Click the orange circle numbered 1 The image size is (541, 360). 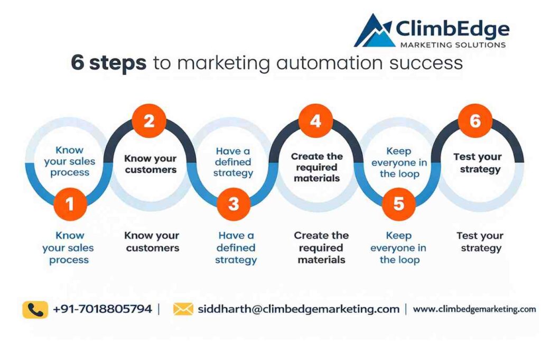click(x=70, y=204)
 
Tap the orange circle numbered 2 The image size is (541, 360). click(x=149, y=122)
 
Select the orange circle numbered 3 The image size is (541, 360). click(x=234, y=204)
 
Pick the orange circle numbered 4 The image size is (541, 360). click(x=315, y=122)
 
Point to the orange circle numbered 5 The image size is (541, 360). click(x=399, y=204)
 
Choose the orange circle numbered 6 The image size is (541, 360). click(x=475, y=122)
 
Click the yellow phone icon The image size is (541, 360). click(x=35, y=309)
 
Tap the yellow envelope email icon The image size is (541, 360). click(x=183, y=309)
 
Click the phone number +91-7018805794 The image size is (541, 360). click(x=102, y=309)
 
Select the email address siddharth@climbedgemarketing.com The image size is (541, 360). click(x=299, y=309)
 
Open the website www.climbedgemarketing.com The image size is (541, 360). click(x=474, y=309)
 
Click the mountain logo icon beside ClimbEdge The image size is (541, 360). click(x=374, y=32)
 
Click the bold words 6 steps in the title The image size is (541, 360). click(x=108, y=63)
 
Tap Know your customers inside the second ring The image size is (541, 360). click(x=150, y=164)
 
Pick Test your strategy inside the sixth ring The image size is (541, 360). click(x=477, y=163)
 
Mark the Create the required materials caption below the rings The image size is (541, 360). click(x=321, y=247)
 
